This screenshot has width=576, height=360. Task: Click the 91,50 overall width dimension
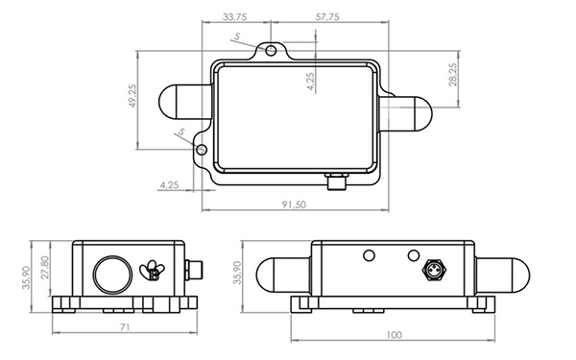coord(295,204)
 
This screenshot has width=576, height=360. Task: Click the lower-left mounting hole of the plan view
coord(202,150)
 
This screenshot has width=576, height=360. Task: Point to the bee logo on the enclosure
coord(153,272)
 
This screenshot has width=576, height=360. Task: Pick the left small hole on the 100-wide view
coord(368,256)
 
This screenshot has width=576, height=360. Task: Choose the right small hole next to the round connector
coord(414,256)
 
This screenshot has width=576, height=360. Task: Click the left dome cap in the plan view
coord(179,100)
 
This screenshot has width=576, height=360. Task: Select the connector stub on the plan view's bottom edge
coord(336,180)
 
